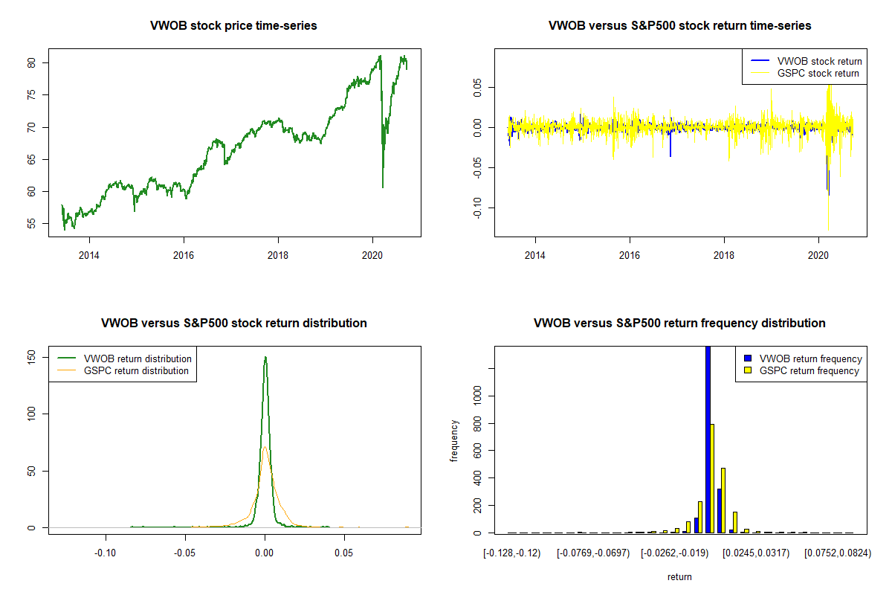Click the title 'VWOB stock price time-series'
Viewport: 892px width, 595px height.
[233, 26]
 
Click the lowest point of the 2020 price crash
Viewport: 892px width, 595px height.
[383, 187]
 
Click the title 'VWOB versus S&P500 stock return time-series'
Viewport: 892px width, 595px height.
[679, 26]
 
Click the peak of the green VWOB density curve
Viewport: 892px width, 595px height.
[265, 358]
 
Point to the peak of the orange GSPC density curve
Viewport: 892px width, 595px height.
[265, 447]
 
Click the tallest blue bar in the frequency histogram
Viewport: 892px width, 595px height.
[708, 439]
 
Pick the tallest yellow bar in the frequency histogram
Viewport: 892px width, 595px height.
[713, 478]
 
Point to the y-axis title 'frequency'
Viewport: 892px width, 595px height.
[454, 441]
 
